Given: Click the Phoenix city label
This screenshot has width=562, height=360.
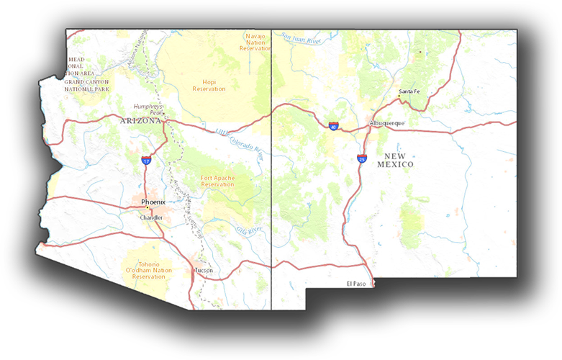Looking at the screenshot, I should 153,202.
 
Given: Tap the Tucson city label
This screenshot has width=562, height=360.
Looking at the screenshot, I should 204,271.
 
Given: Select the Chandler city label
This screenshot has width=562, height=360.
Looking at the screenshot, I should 152,217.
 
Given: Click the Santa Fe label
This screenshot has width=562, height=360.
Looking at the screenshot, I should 409,91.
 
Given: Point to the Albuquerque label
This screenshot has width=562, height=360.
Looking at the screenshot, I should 387,123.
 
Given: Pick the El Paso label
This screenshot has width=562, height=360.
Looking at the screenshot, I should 355,284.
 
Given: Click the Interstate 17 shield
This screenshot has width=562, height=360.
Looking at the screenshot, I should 146,161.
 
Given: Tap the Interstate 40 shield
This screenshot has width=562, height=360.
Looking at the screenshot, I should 333,126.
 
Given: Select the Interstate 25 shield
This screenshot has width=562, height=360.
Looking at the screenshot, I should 361,158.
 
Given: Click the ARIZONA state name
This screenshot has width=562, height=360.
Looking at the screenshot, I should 141,121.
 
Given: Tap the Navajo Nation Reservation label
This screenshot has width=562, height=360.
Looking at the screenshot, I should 255,42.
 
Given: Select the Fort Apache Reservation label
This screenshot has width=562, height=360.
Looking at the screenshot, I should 217,181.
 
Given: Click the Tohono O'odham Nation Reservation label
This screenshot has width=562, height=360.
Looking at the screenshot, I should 149,271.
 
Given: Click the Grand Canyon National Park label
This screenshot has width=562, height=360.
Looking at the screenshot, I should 86,85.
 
